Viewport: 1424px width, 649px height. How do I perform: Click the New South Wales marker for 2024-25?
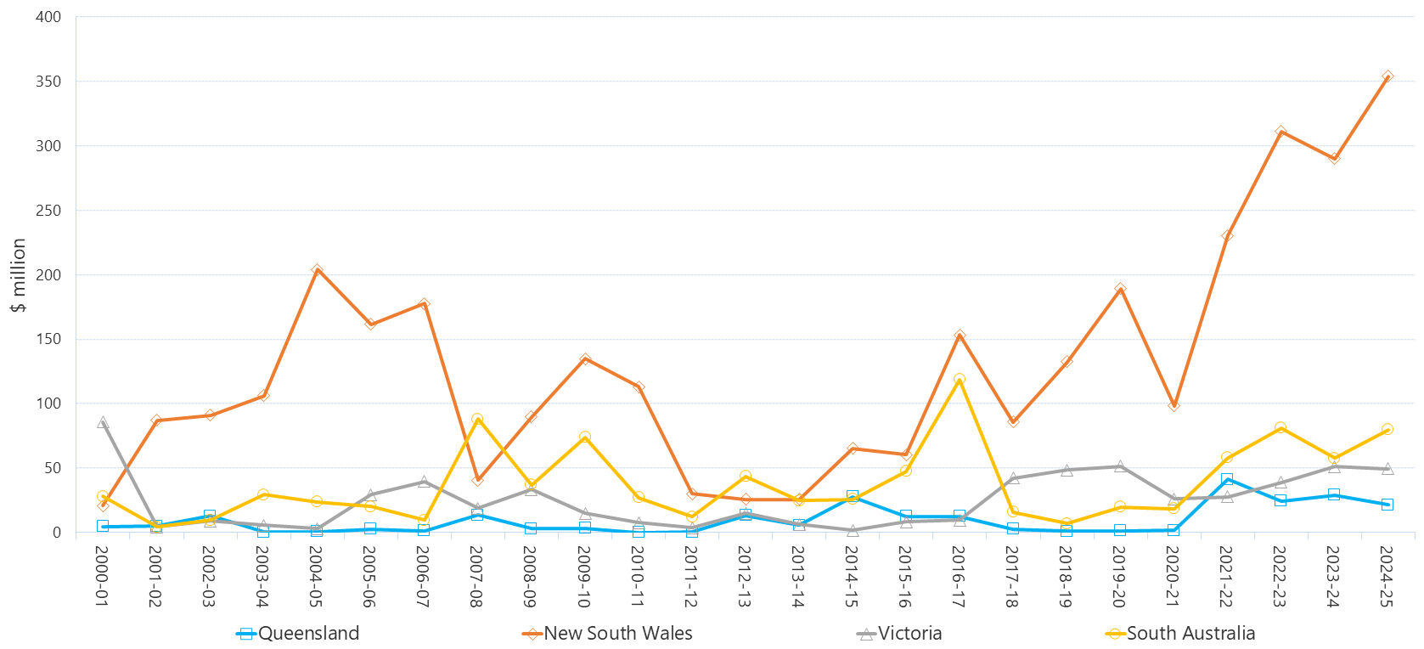(1387, 76)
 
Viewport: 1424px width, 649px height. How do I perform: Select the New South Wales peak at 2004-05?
(317, 270)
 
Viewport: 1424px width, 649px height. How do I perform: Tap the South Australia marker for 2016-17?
(960, 380)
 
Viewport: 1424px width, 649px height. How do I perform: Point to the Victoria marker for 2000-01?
(103, 422)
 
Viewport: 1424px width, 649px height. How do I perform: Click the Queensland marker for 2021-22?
(1227, 479)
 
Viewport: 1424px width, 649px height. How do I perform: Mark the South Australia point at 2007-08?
(477, 419)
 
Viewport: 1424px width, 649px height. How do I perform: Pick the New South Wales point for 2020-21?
(1174, 405)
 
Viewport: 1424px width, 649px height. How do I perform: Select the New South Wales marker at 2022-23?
(1280, 132)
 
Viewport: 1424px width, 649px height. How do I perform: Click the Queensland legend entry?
(298, 634)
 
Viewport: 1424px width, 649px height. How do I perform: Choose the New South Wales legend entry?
(607, 634)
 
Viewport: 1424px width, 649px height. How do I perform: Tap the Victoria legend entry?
(899, 634)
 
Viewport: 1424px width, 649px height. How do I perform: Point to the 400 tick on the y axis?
(48, 17)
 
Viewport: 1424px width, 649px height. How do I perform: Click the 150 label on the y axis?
(48, 339)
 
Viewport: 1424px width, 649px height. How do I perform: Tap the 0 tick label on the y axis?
(57, 533)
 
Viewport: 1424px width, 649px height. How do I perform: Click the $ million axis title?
(19, 275)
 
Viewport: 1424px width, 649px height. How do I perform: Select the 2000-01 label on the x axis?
(102, 576)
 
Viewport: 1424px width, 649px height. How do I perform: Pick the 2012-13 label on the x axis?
(745, 576)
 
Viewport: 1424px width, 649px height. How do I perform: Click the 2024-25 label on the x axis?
(1387, 576)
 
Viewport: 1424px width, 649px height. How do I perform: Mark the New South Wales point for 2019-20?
(1120, 289)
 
